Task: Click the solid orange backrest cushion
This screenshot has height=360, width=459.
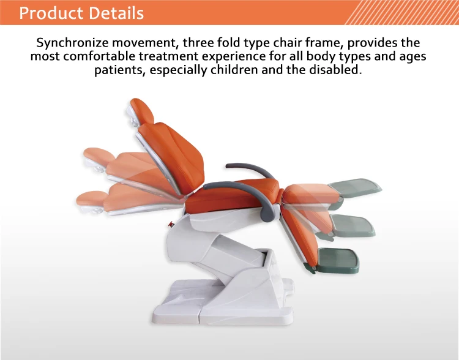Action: click(x=168, y=153)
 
